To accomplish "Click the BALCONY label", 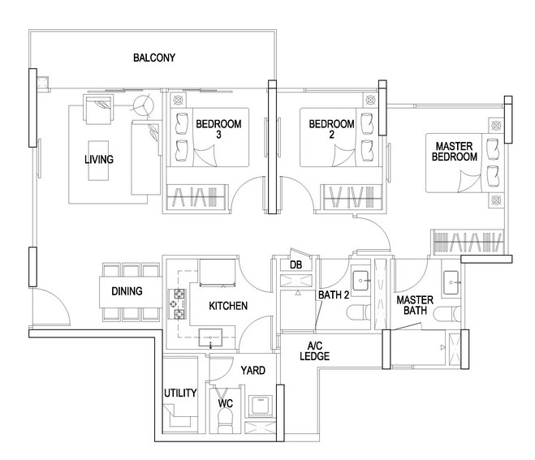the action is click(x=154, y=58).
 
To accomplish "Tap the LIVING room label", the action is click(x=99, y=159).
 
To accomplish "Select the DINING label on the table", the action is click(x=127, y=291).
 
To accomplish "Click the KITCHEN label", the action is click(x=228, y=306).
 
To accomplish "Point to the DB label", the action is click(x=296, y=264).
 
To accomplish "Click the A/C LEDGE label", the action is click(x=314, y=351).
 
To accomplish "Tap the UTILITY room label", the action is click(x=180, y=393).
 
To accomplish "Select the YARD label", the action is click(x=252, y=370).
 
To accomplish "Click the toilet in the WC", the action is click(x=225, y=421).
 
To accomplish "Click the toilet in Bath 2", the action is click(x=359, y=312).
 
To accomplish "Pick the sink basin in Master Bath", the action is click(x=451, y=282).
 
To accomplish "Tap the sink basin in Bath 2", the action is click(x=361, y=281).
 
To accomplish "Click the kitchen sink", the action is click(x=210, y=338).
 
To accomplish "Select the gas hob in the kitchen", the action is click(x=178, y=303).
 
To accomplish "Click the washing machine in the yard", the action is click(x=261, y=406).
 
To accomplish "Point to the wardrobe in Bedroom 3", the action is click(x=197, y=197).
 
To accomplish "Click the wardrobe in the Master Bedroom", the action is click(x=468, y=242).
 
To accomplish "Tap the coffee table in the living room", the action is click(x=99, y=161).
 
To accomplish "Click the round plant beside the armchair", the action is click(x=144, y=105).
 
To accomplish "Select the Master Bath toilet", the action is click(x=447, y=314).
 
